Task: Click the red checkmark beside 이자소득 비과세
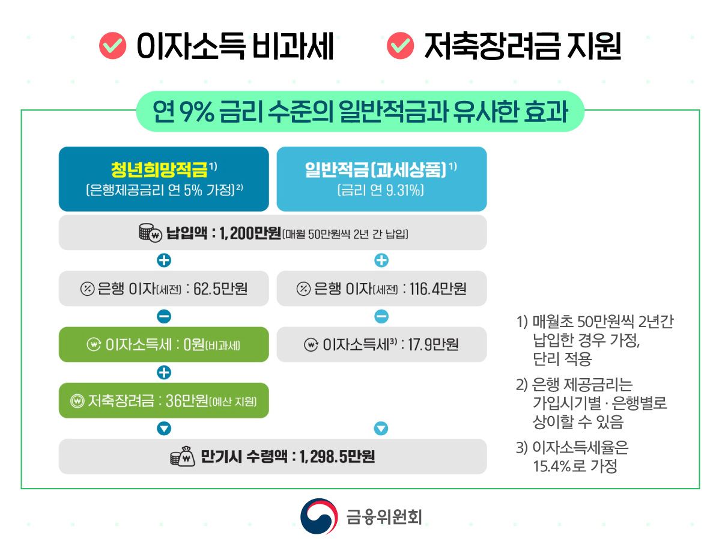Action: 112,47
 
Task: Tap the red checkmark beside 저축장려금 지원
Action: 401,47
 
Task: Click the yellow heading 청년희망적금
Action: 159,170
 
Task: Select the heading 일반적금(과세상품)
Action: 376,170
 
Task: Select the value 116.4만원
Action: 438,289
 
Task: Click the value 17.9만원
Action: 433,345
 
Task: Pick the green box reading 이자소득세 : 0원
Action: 163,345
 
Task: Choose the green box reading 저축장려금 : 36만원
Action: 163,401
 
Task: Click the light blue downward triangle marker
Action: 381,429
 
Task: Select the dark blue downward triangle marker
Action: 163,429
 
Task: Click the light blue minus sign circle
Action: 381,316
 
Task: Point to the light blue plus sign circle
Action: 381,260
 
